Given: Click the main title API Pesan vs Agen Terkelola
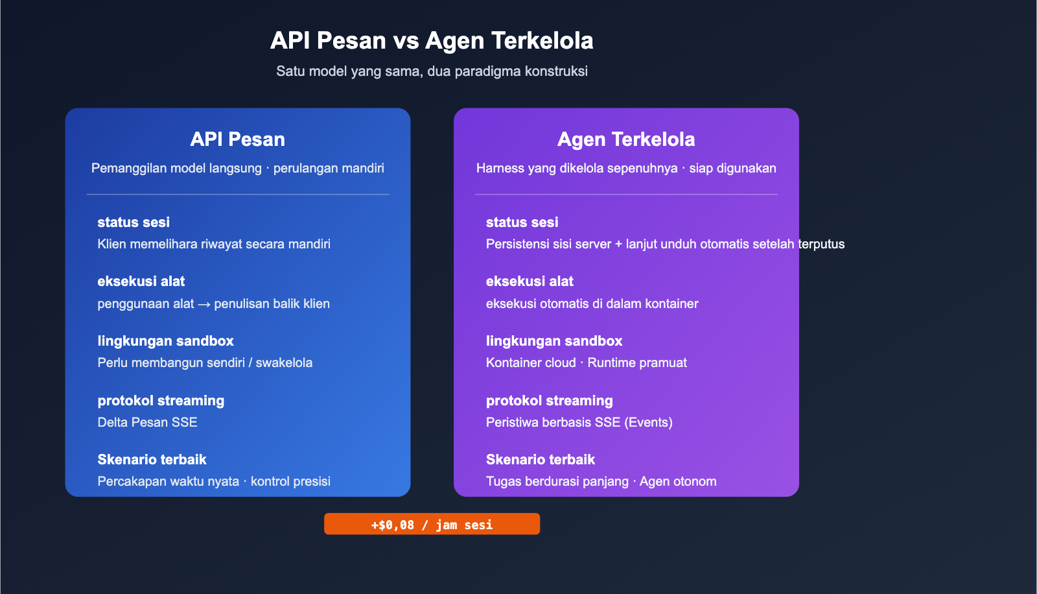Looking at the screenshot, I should tap(432, 41).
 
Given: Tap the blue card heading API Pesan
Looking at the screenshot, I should tap(238, 139).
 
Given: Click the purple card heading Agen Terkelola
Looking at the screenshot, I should tap(626, 139).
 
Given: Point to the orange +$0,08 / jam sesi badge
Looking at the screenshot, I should tap(432, 524).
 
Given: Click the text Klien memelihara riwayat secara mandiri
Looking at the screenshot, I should tap(214, 244).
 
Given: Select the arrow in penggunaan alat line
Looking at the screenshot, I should tap(204, 304).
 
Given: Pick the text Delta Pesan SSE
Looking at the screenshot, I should tap(147, 422).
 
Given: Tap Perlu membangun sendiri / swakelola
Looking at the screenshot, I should tap(205, 363).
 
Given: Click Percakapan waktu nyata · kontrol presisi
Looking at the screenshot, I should tap(214, 482).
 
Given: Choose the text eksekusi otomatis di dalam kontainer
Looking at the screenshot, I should tap(592, 304).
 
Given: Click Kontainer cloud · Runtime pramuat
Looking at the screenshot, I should tap(586, 363).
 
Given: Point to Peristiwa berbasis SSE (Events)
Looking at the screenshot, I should tap(579, 422).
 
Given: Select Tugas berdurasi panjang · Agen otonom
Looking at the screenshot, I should tap(601, 482).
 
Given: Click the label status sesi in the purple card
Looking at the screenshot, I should tap(522, 222).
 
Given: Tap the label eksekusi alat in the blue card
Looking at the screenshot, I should tap(141, 281).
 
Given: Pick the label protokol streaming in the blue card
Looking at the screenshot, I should tap(161, 401).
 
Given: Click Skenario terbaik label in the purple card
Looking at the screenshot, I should tap(540, 460).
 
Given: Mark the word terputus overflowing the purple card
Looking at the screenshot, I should tap(821, 244).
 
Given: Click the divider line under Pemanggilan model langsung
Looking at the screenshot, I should tap(238, 195).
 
